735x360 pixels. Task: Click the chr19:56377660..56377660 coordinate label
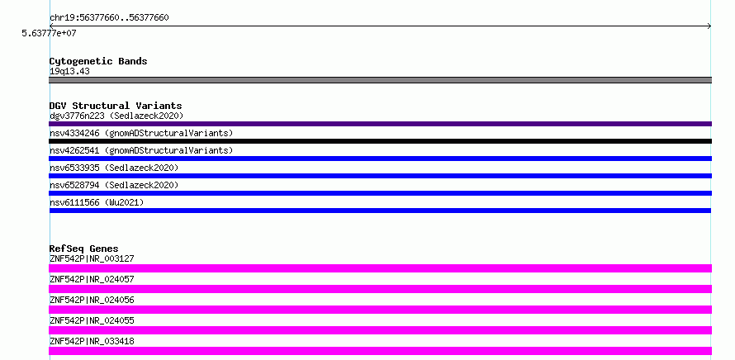109,18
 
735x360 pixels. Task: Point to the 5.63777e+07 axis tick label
49,33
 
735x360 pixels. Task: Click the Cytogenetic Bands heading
98,61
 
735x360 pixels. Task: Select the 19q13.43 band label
69,72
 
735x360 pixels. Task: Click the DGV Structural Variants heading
116,106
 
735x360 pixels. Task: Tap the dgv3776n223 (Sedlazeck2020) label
116,116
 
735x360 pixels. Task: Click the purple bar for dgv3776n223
380,124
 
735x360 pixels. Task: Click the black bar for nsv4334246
380,141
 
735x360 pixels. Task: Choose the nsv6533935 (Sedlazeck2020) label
114,168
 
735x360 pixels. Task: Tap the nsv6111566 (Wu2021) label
97,202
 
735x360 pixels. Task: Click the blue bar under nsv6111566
380,211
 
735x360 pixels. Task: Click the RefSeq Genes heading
84,249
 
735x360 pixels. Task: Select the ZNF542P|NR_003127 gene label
92,258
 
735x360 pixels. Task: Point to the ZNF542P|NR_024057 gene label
92,279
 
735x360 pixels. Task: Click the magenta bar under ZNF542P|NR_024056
380,310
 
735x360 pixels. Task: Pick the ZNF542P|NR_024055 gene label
92,320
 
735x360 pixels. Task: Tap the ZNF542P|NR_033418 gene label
92,341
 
